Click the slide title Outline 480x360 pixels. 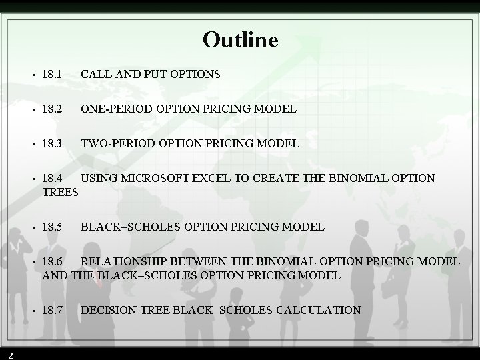[240, 40]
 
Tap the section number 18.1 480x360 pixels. [51, 74]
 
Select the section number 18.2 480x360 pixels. [51, 109]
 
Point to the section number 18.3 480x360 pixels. [51, 143]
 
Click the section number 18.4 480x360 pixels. [51, 179]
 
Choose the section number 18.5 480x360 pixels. [51, 227]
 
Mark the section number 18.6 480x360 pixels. [51, 262]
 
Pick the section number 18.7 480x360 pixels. [51, 310]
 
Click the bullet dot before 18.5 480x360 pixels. [33, 228]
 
